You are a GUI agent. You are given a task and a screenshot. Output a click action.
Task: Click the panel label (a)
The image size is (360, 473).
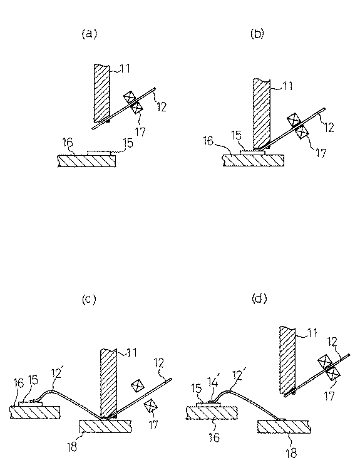[90, 34]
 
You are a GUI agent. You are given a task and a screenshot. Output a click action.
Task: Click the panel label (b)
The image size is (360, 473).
[257, 34]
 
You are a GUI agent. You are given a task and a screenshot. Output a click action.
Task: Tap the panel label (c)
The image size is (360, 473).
[89, 299]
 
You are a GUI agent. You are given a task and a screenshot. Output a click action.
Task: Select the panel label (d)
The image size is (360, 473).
[259, 298]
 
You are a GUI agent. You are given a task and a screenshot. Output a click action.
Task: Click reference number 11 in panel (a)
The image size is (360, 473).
[125, 68]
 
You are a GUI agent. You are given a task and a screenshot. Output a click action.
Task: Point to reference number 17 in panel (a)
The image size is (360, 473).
[140, 132]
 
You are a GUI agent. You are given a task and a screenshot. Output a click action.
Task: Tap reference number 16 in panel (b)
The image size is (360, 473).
[208, 141]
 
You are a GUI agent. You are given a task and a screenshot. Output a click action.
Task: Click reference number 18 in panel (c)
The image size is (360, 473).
[72, 447]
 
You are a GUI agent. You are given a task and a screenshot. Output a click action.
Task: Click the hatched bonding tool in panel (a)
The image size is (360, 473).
[101, 93]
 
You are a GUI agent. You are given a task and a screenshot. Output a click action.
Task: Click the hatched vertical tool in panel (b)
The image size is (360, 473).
[262, 114]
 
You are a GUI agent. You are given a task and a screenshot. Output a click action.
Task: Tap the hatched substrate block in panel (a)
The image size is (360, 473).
[87, 161]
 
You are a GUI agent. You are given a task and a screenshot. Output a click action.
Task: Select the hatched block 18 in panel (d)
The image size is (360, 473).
[284, 427]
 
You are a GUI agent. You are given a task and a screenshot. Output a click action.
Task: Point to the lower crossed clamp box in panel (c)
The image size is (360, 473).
[150, 406]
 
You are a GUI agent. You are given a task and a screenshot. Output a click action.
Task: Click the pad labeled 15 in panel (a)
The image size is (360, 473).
[100, 153]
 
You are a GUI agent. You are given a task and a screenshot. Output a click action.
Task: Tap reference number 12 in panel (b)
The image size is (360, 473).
[329, 128]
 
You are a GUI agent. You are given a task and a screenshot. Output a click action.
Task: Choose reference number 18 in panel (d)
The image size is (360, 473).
[291, 453]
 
